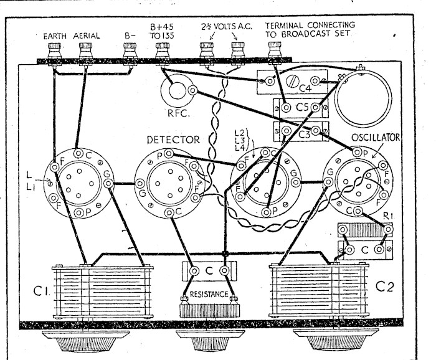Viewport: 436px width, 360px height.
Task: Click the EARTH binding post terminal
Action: click(x=54, y=50)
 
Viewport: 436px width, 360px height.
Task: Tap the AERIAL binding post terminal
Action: click(x=86, y=50)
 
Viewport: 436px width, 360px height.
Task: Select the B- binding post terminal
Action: click(x=130, y=50)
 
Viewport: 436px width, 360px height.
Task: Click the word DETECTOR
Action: click(x=173, y=140)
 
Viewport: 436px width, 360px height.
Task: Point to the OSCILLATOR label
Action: click(x=376, y=137)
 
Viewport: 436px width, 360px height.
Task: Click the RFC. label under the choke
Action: click(x=179, y=113)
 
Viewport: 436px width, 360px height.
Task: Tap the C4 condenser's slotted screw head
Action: click(x=293, y=81)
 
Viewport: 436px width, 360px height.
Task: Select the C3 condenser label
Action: click(x=304, y=135)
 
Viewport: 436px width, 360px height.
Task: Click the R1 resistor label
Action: click(x=387, y=216)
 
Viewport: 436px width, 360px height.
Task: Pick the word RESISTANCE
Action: click(x=209, y=294)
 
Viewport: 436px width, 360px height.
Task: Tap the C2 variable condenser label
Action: click(x=385, y=287)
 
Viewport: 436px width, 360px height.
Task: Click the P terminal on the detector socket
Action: click(x=168, y=153)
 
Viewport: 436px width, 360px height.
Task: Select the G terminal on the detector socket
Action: click(x=140, y=184)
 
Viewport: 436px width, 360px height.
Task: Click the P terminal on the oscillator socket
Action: click(x=357, y=152)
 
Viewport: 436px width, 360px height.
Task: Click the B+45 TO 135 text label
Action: click(x=161, y=31)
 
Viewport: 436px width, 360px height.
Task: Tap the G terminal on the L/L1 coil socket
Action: click(x=108, y=184)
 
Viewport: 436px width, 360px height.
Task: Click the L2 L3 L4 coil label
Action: click(x=239, y=140)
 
